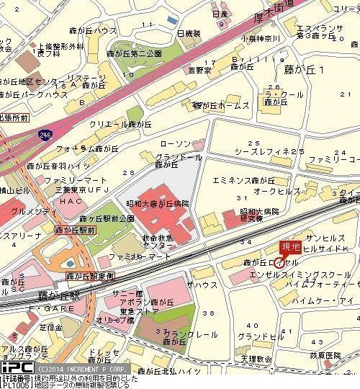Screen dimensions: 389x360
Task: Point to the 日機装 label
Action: (189, 34)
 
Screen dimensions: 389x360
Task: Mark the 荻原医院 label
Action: (333, 356)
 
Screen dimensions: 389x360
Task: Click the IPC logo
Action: (13, 367)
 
